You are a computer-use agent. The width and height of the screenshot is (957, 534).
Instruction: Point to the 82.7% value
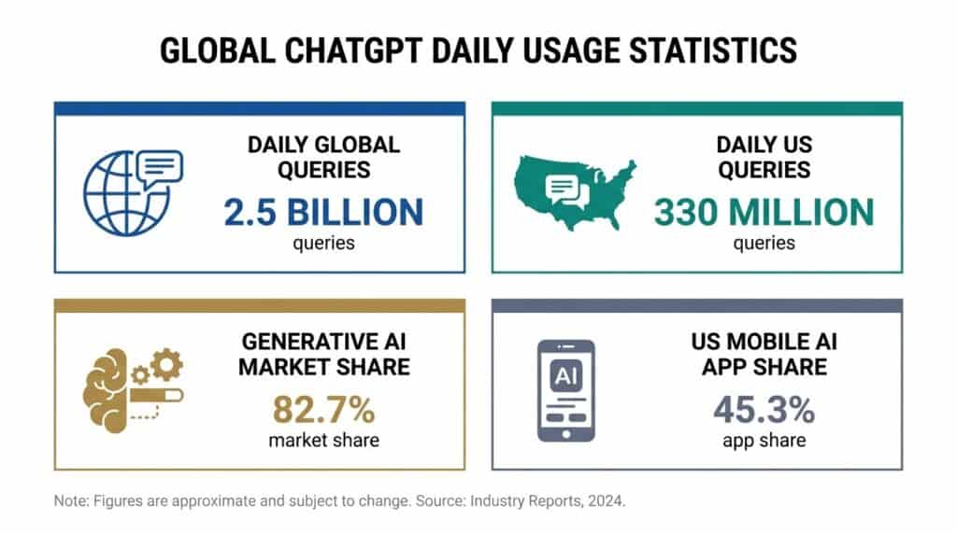[323, 410]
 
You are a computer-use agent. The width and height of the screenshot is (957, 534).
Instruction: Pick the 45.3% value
[764, 410]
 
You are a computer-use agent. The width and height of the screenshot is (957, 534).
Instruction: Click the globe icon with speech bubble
[130, 191]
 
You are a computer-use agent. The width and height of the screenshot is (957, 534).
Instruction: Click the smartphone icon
[564, 390]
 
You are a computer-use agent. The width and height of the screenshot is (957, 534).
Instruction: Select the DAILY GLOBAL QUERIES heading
[323, 157]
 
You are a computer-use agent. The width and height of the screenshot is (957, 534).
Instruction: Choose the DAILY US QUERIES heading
[764, 157]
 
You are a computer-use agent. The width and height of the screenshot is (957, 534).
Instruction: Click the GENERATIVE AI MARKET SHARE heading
[323, 354]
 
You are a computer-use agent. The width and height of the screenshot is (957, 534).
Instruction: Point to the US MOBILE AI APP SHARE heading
[764, 354]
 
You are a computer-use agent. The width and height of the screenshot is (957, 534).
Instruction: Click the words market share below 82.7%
[323, 439]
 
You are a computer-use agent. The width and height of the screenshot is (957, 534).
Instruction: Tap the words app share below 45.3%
[764, 439]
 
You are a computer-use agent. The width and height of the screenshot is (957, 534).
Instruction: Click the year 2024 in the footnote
[603, 501]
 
